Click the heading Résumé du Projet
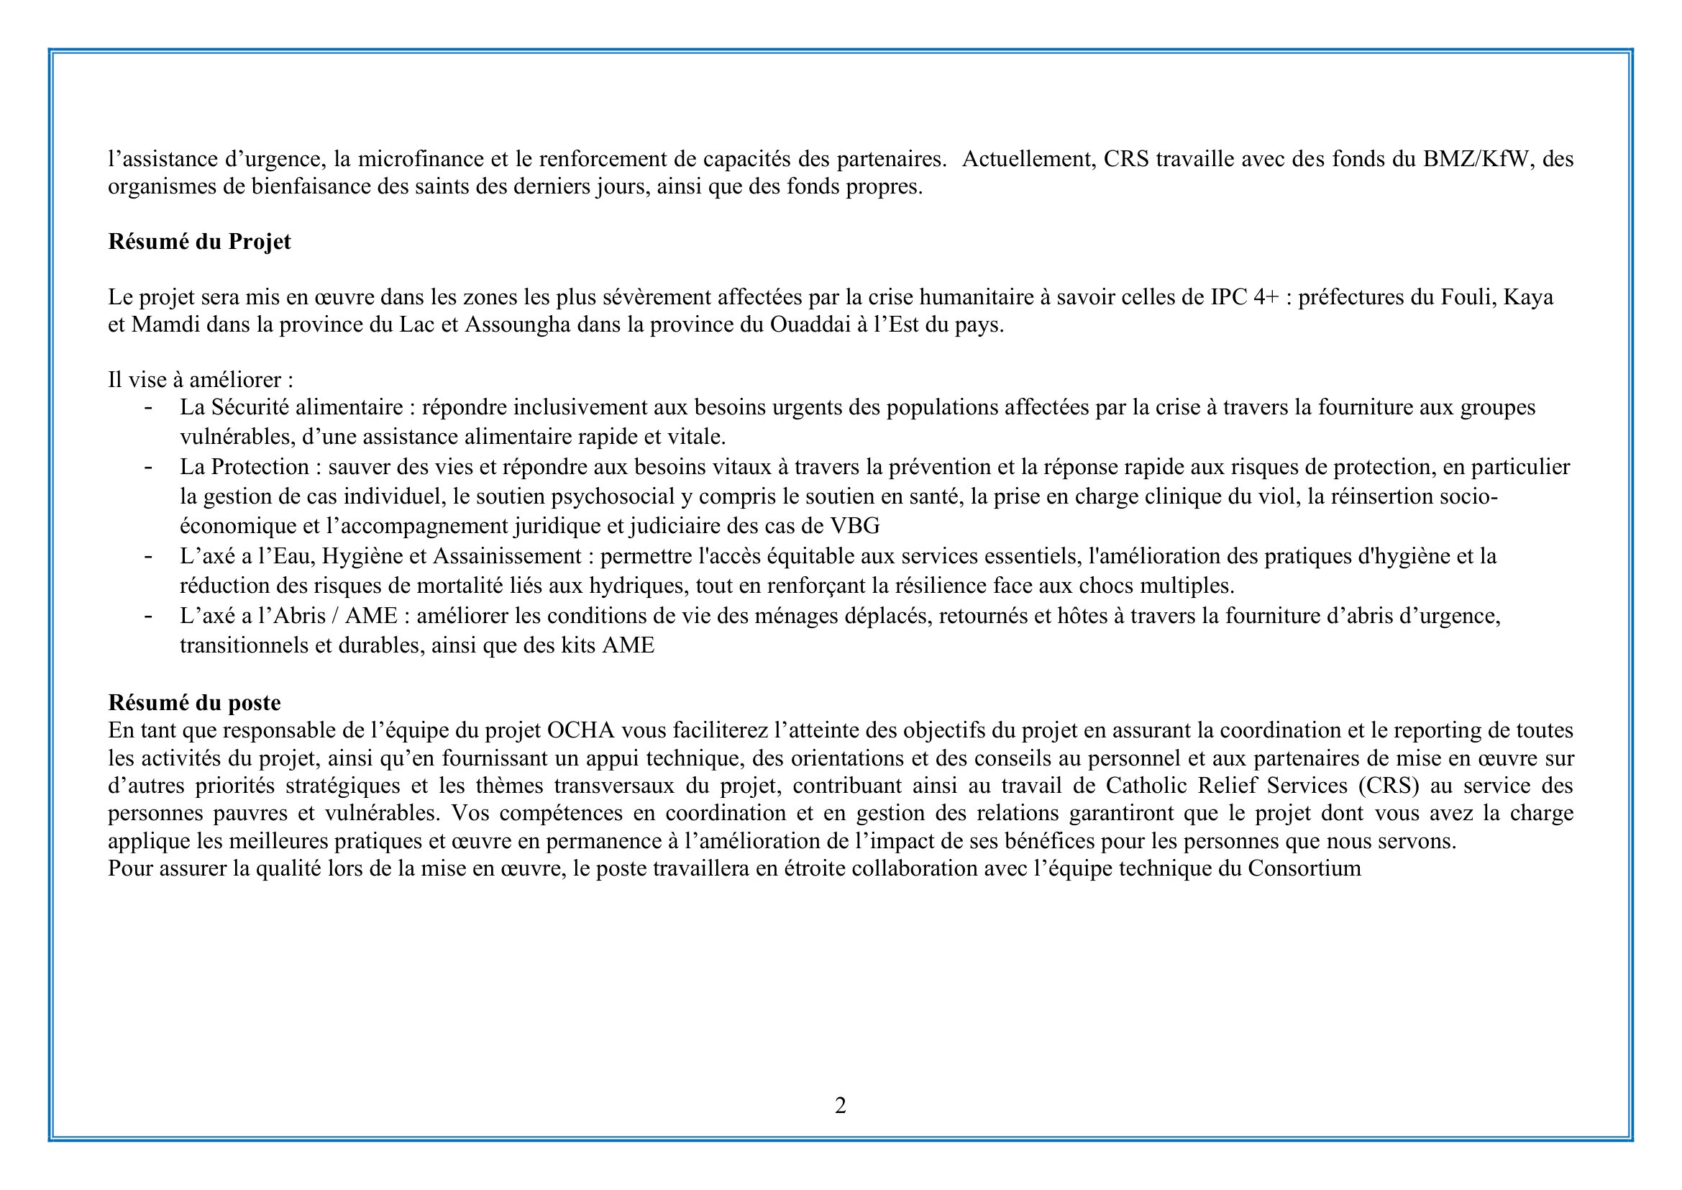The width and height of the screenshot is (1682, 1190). [199, 242]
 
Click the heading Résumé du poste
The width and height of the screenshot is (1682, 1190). [194, 703]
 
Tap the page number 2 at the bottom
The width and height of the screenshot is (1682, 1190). [840, 1105]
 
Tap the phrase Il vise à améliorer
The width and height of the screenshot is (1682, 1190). [201, 380]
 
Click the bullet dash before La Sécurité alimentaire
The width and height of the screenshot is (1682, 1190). [149, 407]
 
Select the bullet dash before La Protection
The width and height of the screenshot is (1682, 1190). [149, 468]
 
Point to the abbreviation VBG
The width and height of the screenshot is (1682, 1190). [855, 526]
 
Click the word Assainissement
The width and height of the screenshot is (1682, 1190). [507, 557]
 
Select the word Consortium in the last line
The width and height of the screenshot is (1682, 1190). [1304, 868]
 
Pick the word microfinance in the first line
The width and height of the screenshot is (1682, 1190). [421, 159]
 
